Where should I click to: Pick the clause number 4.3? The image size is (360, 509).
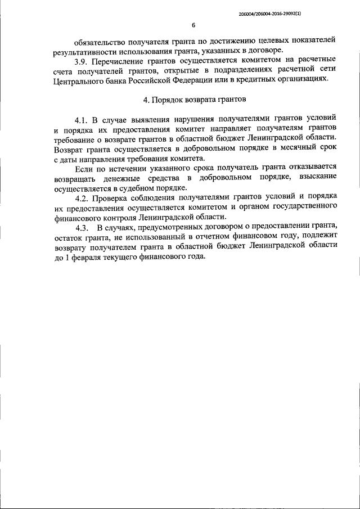pyautogui.click(x=83, y=228)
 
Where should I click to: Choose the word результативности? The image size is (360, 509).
pyautogui.click(x=92, y=51)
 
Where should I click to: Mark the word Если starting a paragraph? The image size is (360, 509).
pyautogui.click(x=83, y=167)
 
